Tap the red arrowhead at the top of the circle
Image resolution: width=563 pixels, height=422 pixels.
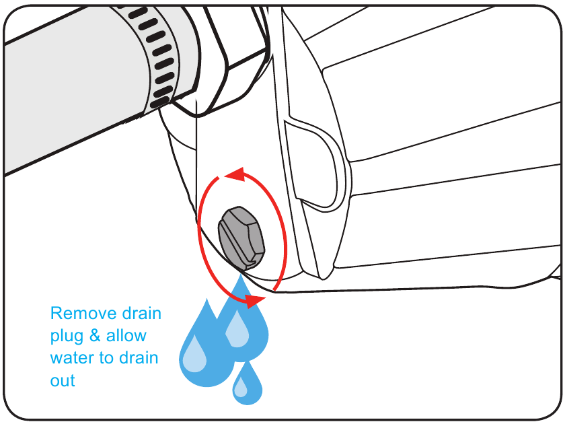tap(235, 174)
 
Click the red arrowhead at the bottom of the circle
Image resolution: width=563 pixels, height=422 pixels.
tap(255, 301)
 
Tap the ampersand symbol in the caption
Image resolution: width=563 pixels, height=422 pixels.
tap(95, 335)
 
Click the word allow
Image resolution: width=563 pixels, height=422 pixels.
tap(126, 335)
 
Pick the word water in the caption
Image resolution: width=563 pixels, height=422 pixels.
tap(72, 358)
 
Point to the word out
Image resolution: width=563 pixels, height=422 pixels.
tap(63, 380)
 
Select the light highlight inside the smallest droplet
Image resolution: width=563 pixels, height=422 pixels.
tap(241, 388)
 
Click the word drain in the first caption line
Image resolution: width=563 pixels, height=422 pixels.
tap(142, 314)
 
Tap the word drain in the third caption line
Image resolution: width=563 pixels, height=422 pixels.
tap(139, 358)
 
